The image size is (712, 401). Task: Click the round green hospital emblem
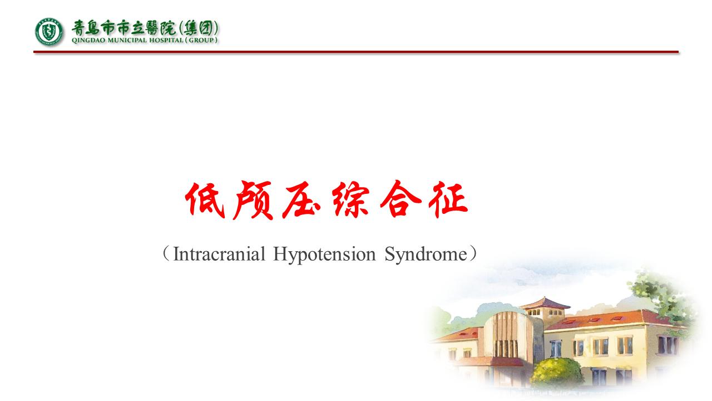pyautogui.click(x=50, y=32)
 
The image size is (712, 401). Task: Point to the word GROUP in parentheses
pyautogui.click(x=204, y=40)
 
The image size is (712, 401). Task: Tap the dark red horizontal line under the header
pyautogui.click(x=356, y=52)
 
